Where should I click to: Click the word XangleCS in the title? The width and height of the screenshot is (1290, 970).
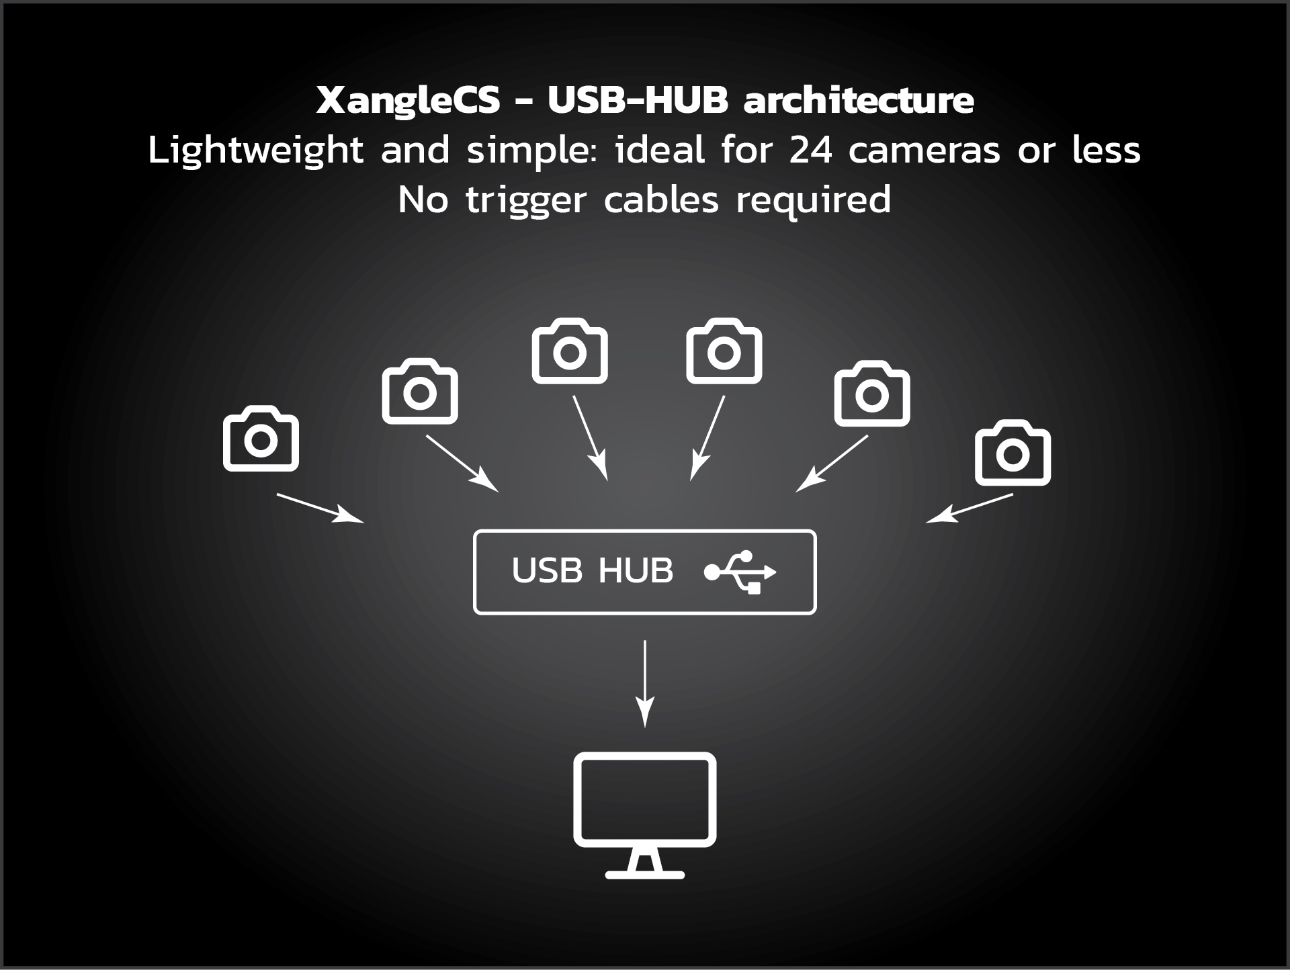(408, 101)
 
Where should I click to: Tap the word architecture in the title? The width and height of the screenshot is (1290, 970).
(858, 101)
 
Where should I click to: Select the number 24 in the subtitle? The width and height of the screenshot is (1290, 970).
(810, 150)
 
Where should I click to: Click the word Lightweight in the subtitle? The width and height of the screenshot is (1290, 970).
(255, 151)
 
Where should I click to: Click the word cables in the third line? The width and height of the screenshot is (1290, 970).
(661, 200)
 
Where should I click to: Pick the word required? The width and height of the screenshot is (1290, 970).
(813, 201)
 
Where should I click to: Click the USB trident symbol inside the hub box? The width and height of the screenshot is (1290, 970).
(740, 572)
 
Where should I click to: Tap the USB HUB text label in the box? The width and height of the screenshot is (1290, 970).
(592, 571)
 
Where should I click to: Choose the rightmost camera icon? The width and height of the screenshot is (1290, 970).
(1013, 453)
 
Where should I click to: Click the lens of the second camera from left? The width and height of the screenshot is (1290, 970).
(420, 394)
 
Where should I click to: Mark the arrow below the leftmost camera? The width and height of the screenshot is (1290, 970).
(320, 508)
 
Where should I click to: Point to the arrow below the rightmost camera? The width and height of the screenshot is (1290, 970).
(970, 509)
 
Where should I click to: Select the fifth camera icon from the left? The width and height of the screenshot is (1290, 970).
(872, 394)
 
